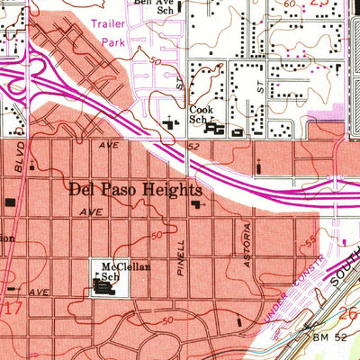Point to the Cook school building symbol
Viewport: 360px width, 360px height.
tap(215, 130)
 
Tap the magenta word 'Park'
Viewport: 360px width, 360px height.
tap(113, 41)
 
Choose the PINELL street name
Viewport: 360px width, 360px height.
tap(182, 257)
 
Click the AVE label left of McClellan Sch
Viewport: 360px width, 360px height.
tap(37, 292)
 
